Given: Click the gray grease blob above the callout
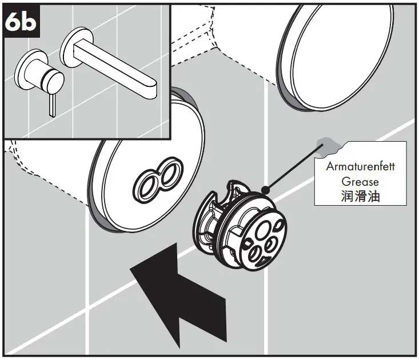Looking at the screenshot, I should coord(329,147).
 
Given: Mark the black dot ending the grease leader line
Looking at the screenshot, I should coord(264,188).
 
